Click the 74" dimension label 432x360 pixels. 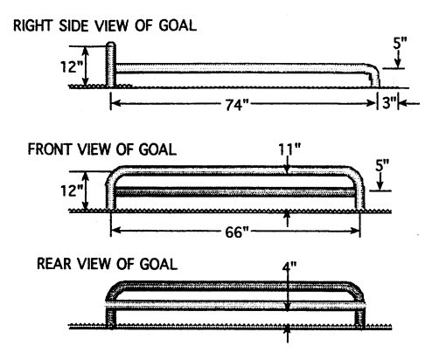coord(237,104)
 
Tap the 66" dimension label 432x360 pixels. coord(237,232)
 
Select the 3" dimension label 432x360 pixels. coord(389,103)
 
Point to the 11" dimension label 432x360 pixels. coord(289,149)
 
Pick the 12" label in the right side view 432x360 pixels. coord(72,66)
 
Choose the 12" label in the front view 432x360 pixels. coord(72,191)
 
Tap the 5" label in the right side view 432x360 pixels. coord(400,43)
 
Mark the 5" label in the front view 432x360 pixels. coord(382,165)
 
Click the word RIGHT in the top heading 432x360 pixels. coord(33,25)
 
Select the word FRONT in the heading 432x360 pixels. coord(49,149)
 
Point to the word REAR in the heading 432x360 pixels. coord(54,264)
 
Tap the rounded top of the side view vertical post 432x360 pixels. coord(111,45)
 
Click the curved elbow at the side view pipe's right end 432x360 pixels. coord(373,72)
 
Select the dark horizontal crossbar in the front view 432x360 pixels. coord(235,192)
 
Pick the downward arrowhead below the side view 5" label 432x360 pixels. coord(398,63)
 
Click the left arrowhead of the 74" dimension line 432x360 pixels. coord(116,103)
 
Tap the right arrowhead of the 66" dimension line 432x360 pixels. coord(355,231)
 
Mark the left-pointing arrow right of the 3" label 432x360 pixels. coord(408,103)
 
